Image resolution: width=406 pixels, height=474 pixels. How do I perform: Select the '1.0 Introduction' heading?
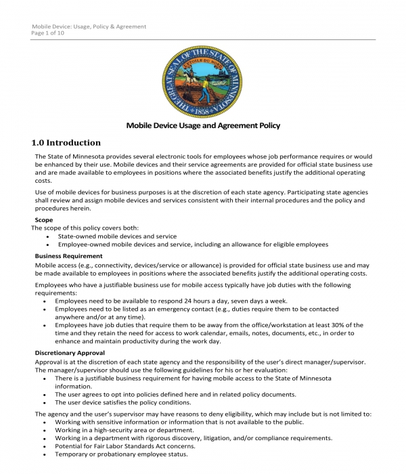(x=66, y=143)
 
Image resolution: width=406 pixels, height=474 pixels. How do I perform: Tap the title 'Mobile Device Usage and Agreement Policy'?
(x=203, y=125)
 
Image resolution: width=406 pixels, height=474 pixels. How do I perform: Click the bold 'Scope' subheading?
(x=44, y=220)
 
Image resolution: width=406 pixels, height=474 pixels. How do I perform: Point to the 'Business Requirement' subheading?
(x=68, y=256)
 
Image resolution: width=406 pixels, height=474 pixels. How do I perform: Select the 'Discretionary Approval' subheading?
(x=70, y=353)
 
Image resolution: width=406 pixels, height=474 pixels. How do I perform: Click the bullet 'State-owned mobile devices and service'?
(x=117, y=236)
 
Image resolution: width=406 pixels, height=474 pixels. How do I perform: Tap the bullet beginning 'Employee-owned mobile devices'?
(x=193, y=244)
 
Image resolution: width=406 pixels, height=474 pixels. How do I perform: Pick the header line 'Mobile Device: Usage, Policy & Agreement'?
(x=89, y=26)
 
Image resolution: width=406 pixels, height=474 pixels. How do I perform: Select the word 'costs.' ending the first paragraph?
(x=43, y=181)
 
